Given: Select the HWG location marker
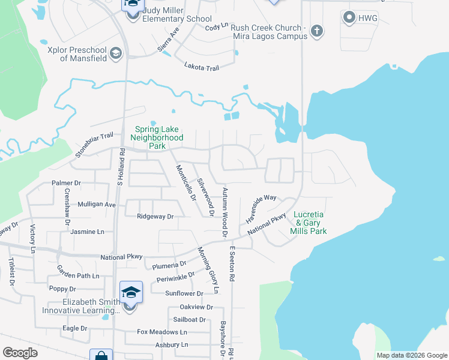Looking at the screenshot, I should [x=349, y=18].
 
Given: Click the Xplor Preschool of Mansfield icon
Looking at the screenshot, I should [x=116, y=55].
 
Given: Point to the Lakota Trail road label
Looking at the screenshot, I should [x=202, y=68].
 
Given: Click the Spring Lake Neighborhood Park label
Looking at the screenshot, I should [x=158, y=137].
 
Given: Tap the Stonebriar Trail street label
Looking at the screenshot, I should [x=94, y=146].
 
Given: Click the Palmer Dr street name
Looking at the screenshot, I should [x=66, y=182].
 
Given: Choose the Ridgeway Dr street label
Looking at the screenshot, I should [x=155, y=216].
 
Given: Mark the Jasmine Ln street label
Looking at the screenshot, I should [x=87, y=232].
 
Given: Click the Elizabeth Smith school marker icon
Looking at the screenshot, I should [x=131, y=293].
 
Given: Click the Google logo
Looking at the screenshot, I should [x=20, y=352].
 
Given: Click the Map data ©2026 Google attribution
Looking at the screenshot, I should [x=411, y=355].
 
